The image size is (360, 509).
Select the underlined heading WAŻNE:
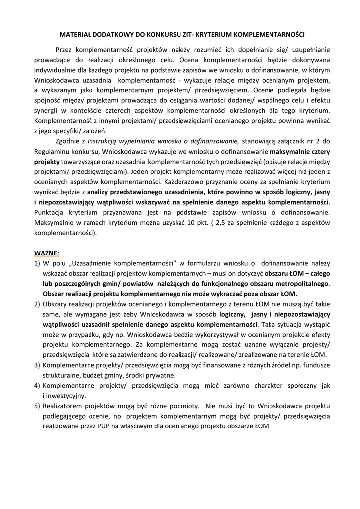[46, 253]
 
